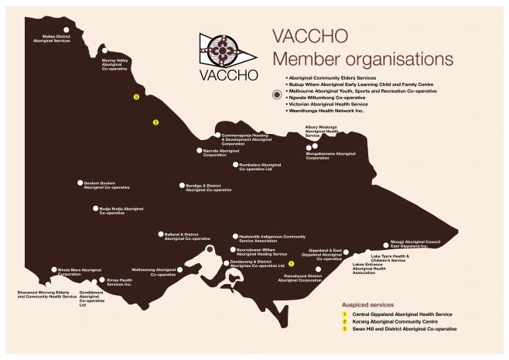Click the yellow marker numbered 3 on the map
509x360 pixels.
click(x=136, y=98)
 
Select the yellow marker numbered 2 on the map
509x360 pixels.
click(x=155, y=122)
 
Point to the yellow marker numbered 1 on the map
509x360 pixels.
click(x=291, y=265)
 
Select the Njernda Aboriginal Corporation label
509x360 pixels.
click(x=220, y=153)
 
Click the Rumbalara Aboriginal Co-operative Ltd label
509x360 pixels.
click(x=260, y=166)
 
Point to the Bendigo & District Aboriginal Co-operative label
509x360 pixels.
click(x=208, y=187)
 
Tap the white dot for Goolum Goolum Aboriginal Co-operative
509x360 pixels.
click(x=80, y=183)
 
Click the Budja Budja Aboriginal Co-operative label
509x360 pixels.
click(x=121, y=211)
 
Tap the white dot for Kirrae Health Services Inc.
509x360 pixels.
click(x=100, y=281)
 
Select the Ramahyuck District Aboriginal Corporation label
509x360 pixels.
click(x=299, y=277)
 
